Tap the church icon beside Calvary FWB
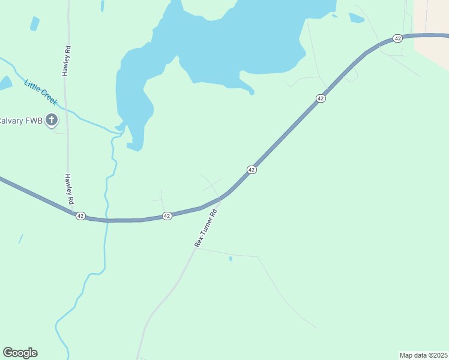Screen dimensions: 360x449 pos(52,120)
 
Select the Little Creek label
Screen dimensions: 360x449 pos(41,92)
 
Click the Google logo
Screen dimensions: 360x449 pos(20,353)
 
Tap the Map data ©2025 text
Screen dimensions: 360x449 pos(423,355)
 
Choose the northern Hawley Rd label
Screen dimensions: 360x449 pos(66,59)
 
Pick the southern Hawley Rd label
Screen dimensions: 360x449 pos(68,188)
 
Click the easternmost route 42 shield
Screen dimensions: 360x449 pos(397,38)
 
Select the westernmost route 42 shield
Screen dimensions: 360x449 pos(80,216)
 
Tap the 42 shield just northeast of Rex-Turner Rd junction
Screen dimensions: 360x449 pos(252,170)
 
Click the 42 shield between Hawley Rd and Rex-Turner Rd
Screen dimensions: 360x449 pos(167,216)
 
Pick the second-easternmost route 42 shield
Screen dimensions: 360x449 pos(321,98)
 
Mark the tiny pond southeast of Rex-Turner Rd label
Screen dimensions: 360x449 pos(231,259)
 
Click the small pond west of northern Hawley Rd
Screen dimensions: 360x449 pos(35,23)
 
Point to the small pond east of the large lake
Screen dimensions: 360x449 pos(356,18)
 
